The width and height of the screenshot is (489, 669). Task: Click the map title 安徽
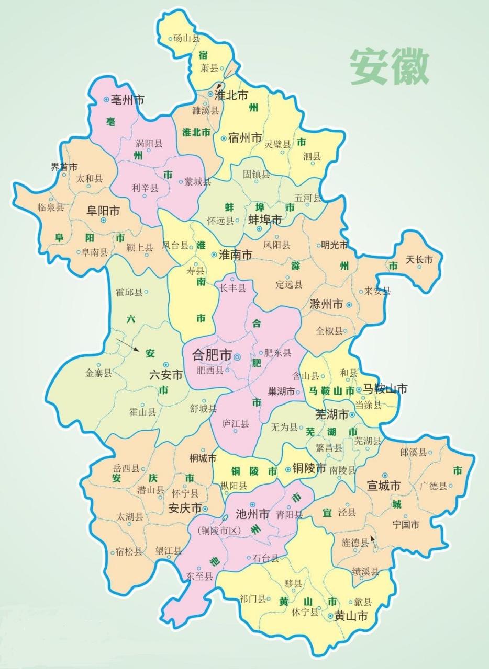coord(390,67)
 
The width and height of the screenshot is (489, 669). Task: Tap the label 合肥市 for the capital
coord(212,355)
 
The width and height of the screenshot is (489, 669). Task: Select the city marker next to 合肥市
coord(237,356)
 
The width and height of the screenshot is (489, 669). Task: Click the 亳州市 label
coord(127,100)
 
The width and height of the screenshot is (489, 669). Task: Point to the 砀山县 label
coord(187,38)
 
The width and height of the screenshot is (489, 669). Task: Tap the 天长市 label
coord(419,260)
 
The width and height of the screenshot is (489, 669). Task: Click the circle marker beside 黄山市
coord(331,617)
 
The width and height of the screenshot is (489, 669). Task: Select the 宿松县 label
coord(129,551)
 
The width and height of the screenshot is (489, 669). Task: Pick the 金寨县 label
coord(98,373)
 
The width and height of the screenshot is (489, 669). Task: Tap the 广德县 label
coord(434,486)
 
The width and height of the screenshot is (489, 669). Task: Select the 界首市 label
coord(64,167)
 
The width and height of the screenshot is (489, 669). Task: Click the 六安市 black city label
coord(166,375)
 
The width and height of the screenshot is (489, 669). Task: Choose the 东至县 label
coord(199,576)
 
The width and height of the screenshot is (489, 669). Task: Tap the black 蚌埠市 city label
coord(265,220)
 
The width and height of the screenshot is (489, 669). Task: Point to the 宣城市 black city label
coord(383,486)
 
